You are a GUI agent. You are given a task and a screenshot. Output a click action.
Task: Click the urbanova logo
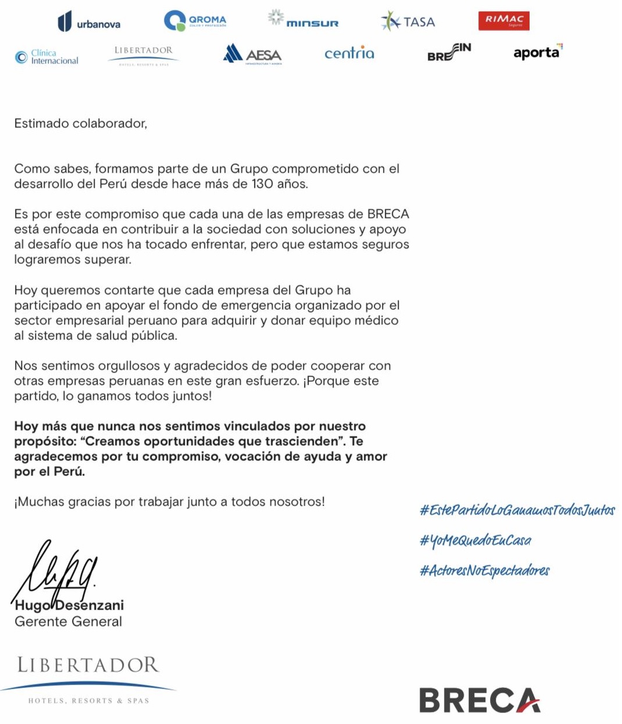(x=89, y=22)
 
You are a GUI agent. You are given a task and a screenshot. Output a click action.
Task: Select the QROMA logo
(x=195, y=21)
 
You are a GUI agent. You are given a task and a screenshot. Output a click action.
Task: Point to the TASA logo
(x=408, y=21)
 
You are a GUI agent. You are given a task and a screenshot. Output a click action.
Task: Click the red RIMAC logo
(x=503, y=21)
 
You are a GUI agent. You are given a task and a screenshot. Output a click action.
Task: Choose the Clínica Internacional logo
(x=47, y=56)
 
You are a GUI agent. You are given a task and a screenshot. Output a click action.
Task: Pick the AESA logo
(x=252, y=54)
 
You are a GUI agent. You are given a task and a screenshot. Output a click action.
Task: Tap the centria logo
(x=349, y=53)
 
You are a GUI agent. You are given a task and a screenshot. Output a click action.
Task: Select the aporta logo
(x=538, y=52)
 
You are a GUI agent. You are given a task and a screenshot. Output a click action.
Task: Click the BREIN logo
(x=449, y=52)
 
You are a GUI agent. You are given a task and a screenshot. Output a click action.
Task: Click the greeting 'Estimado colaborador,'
(x=80, y=123)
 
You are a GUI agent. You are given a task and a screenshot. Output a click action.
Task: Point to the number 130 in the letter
(x=262, y=184)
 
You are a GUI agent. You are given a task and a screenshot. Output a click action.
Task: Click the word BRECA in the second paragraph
(x=388, y=214)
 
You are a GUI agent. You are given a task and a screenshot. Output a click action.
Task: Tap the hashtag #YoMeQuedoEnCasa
(x=475, y=540)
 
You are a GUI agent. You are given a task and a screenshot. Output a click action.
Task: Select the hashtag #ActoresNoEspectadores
(x=484, y=571)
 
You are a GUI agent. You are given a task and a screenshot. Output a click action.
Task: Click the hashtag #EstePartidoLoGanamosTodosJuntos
(x=517, y=510)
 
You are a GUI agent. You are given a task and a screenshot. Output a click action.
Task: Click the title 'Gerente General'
(x=68, y=622)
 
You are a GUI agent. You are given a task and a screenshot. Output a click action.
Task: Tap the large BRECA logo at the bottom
(x=480, y=700)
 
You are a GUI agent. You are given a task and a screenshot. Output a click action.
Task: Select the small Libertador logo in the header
(x=144, y=55)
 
